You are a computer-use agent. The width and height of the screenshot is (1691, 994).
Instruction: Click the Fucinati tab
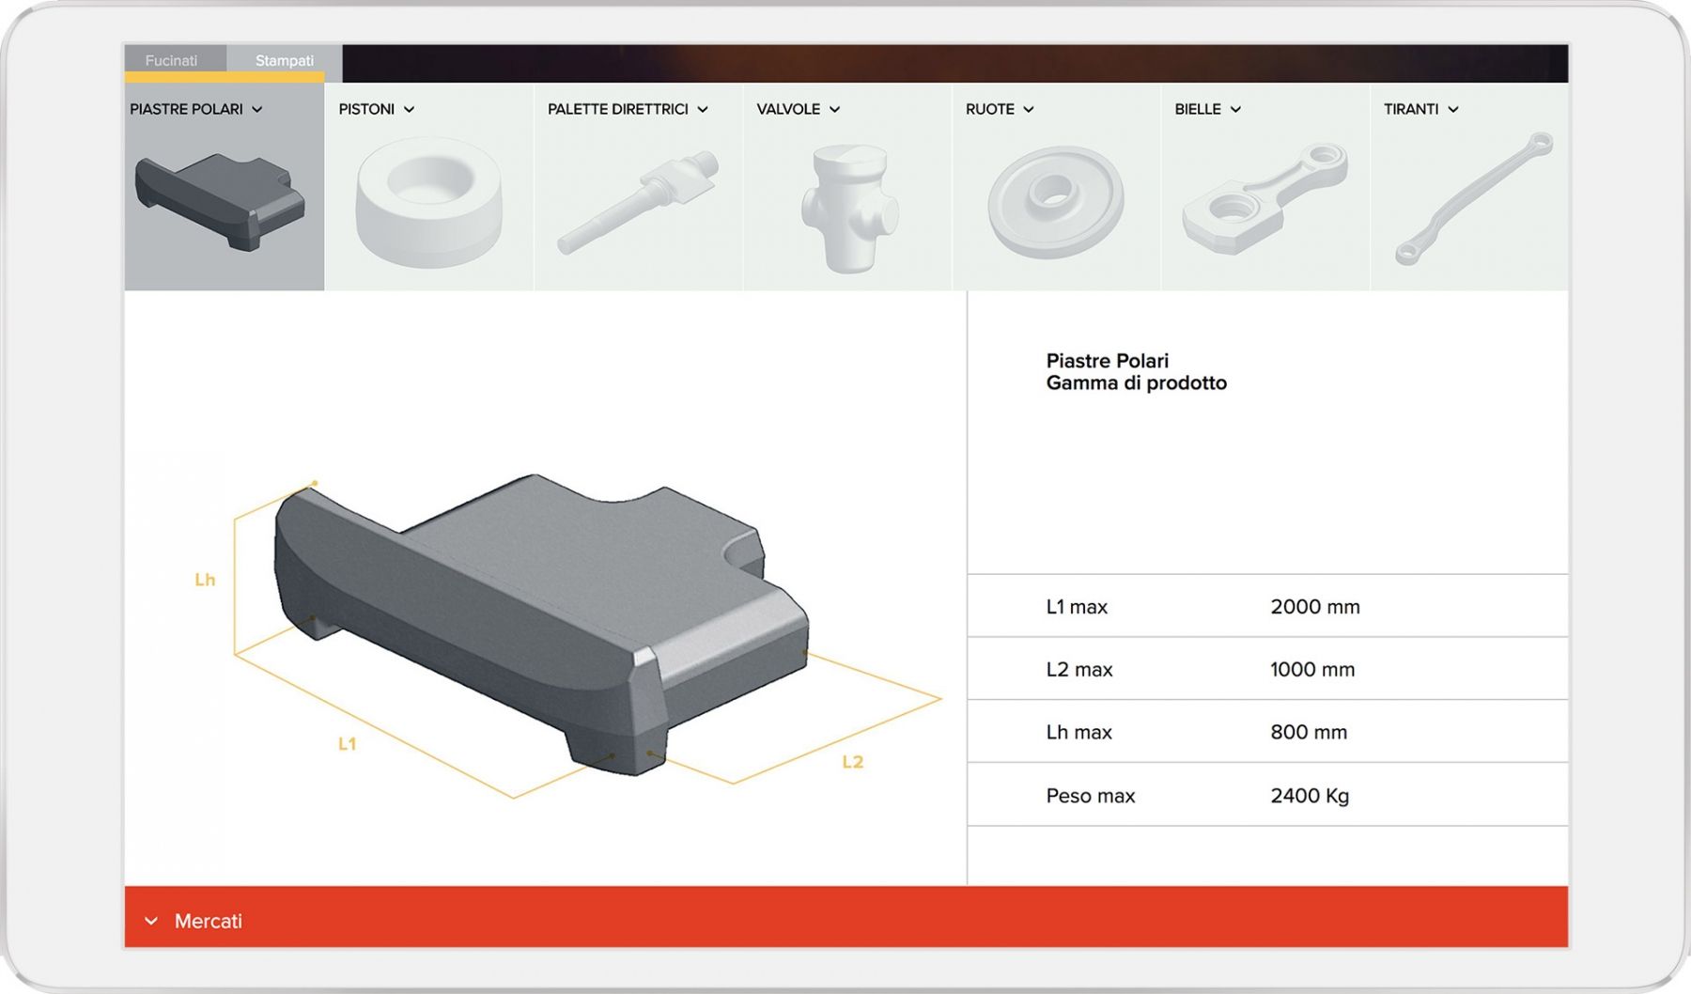(171, 60)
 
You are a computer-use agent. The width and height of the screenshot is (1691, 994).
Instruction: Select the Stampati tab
(285, 60)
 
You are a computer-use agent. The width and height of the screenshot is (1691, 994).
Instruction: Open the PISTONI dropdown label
(377, 109)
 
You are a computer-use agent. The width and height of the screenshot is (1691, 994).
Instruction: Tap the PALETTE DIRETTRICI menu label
(628, 109)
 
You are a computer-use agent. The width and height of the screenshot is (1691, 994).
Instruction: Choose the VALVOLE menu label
(799, 109)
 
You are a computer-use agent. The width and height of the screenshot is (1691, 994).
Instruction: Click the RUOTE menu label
(1000, 109)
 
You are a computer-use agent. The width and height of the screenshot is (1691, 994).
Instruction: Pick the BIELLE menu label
(1208, 109)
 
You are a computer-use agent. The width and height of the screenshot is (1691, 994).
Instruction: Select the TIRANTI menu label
(1420, 109)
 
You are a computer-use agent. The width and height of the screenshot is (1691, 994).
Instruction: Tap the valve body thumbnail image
(848, 209)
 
